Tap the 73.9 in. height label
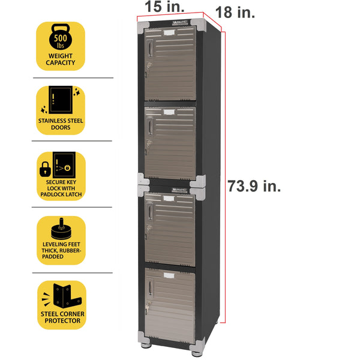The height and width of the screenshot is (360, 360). click(x=254, y=186)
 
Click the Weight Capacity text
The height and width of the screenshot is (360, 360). click(x=61, y=61)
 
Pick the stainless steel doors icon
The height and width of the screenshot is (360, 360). click(x=61, y=100)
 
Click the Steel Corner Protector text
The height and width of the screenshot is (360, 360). click(x=61, y=317)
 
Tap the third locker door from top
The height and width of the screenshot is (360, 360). click(x=171, y=229)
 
